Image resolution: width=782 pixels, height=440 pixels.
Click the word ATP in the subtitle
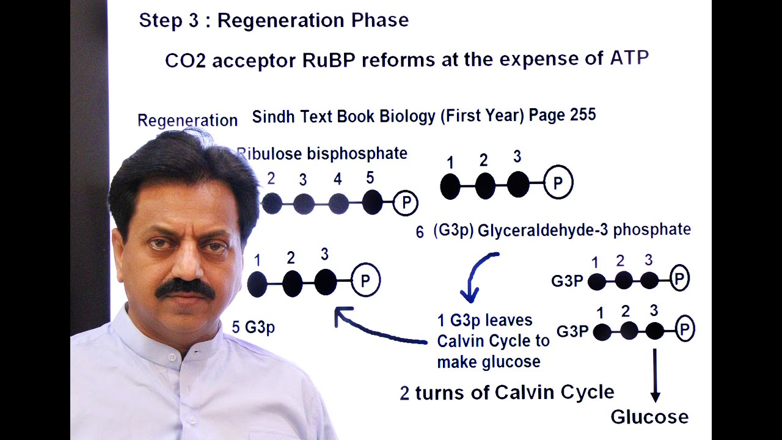pyautogui.click(x=629, y=59)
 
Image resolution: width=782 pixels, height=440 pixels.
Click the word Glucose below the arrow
pyautogui.click(x=649, y=417)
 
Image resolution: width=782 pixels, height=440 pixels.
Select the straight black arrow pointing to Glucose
pyautogui.click(x=655, y=375)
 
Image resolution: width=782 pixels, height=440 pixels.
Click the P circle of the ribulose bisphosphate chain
pyautogui.click(x=405, y=203)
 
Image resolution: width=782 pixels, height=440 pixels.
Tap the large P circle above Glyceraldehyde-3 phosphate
pyautogui.click(x=557, y=183)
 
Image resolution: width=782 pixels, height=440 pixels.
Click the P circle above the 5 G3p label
pyautogui.click(x=365, y=280)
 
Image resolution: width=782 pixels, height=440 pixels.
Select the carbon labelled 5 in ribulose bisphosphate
pyautogui.click(x=372, y=202)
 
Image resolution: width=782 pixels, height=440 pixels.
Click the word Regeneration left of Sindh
pyautogui.click(x=187, y=120)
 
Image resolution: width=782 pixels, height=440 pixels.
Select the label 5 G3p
pyautogui.click(x=253, y=328)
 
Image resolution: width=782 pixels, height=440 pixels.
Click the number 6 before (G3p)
pyautogui.click(x=420, y=232)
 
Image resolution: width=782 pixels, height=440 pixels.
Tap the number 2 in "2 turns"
pyautogui.click(x=404, y=393)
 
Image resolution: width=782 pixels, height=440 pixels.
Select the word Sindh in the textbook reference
pyautogui.click(x=274, y=116)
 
